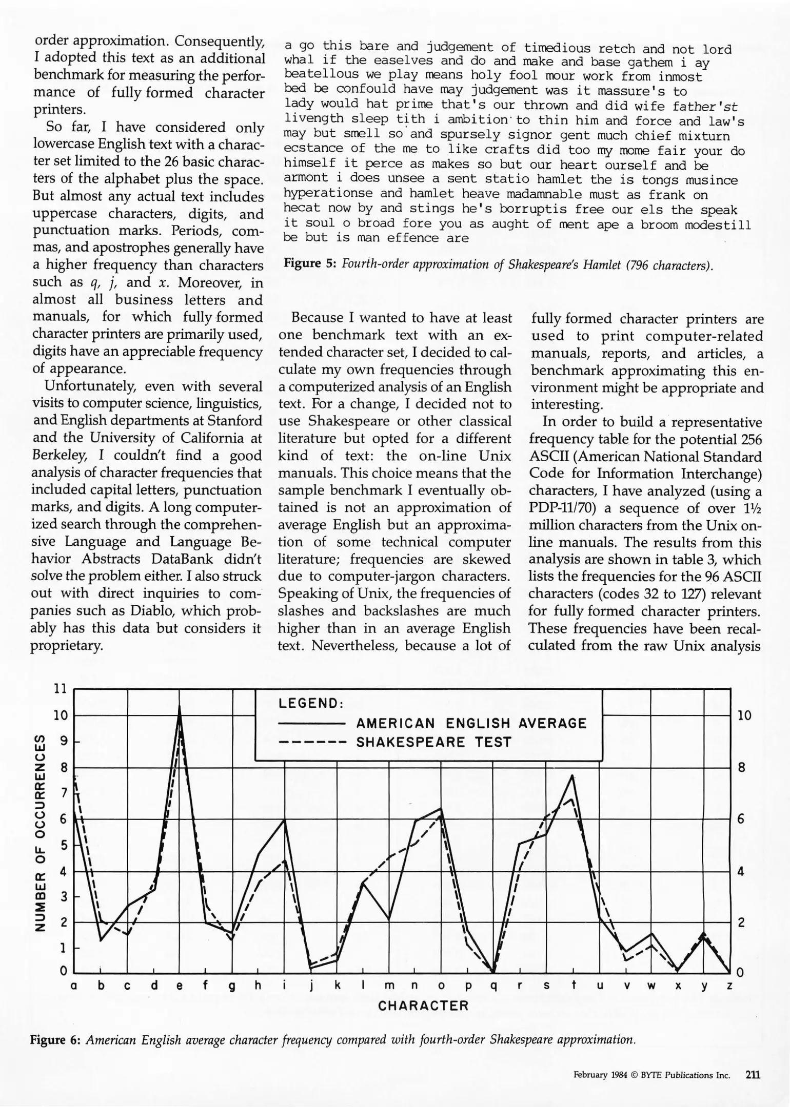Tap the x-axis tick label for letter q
click(493, 986)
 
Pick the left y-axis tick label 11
click(61, 689)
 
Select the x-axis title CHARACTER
click(423, 1006)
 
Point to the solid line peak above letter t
click(572, 776)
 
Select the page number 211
click(753, 1075)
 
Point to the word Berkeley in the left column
click(57, 456)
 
